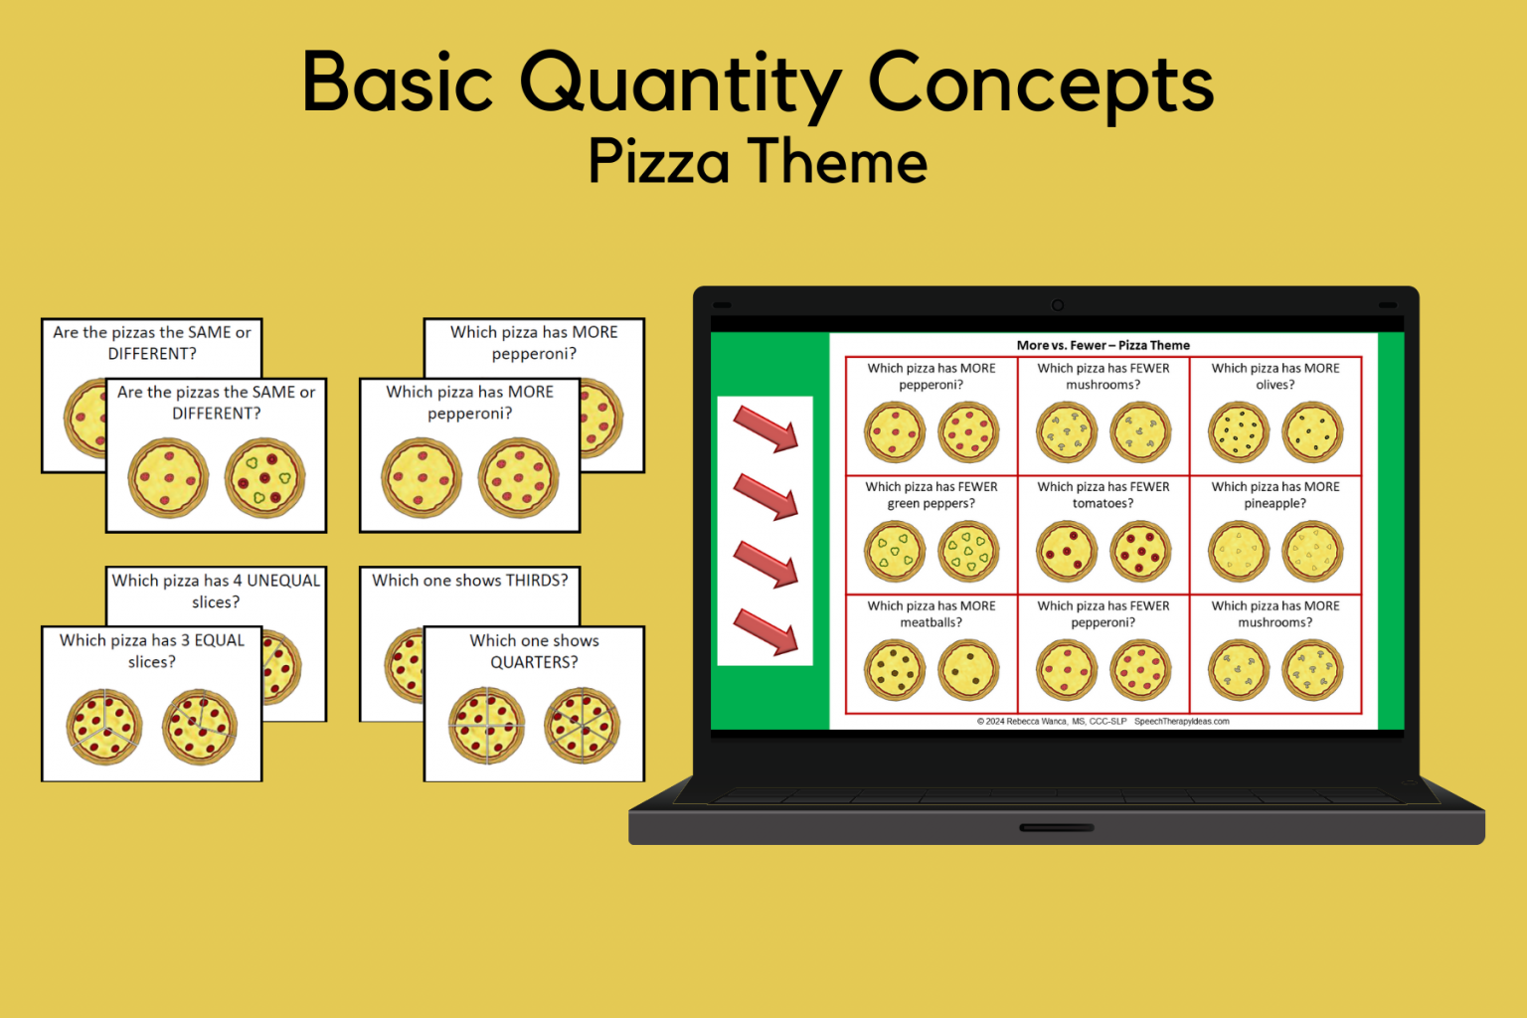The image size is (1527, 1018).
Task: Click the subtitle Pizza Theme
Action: click(x=758, y=162)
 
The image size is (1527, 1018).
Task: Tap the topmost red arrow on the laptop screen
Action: click(x=765, y=428)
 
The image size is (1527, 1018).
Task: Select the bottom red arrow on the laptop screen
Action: click(x=765, y=632)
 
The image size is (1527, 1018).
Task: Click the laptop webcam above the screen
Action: click(x=1058, y=305)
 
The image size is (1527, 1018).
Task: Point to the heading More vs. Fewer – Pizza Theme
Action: click(x=1103, y=345)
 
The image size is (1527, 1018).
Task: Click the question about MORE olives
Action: click(x=1274, y=376)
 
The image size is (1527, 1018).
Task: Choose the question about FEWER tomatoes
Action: click(x=1103, y=495)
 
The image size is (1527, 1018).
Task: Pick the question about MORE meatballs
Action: click(x=931, y=614)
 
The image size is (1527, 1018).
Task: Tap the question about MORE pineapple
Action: click(x=1274, y=495)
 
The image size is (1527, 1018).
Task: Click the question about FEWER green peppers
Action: click(x=931, y=495)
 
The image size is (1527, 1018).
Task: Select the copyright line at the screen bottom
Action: click(x=1103, y=722)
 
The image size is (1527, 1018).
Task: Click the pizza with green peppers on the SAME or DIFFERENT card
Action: click(x=264, y=478)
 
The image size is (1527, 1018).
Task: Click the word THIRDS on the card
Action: click(x=537, y=581)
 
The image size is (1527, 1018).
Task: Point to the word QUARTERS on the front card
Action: click(x=534, y=662)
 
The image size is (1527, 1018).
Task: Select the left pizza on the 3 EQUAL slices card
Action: click(x=104, y=727)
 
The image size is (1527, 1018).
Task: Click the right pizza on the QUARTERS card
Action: click(x=582, y=726)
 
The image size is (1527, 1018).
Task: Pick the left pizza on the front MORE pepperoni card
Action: click(x=422, y=478)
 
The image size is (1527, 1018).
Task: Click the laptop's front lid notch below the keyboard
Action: click(x=1057, y=827)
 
